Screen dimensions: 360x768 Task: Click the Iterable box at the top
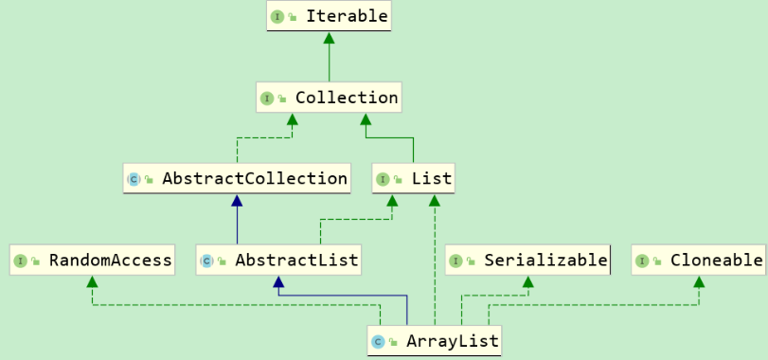pyautogui.click(x=329, y=16)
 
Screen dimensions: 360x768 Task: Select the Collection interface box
pyautogui.click(x=329, y=98)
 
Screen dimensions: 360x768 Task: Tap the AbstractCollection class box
pyautogui.click(x=237, y=178)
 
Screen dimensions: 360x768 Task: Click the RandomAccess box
pyautogui.click(x=93, y=260)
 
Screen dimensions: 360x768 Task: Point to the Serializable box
pyautogui.click(x=527, y=260)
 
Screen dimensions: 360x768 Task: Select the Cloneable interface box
pyautogui.click(x=699, y=260)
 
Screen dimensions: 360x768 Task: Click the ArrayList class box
pyautogui.click(x=434, y=340)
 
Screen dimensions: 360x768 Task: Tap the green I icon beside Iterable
pyautogui.click(x=278, y=17)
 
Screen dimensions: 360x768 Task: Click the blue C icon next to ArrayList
pyautogui.click(x=378, y=341)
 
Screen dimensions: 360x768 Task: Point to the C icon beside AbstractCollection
pyautogui.click(x=134, y=179)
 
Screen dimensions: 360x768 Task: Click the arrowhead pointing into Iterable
pyautogui.click(x=329, y=38)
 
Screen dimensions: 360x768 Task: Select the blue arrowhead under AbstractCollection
pyautogui.click(x=237, y=200)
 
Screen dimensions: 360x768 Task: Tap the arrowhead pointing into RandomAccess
pyautogui.click(x=92, y=281)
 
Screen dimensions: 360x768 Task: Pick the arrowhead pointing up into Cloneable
pyautogui.click(x=699, y=281)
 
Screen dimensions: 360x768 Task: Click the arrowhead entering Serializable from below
pyautogui.click(x=527, y=281)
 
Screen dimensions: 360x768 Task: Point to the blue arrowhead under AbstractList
pyautogui.click(x=277, y=281)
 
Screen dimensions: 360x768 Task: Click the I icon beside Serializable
pyautogui.click(x=456, y=261)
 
